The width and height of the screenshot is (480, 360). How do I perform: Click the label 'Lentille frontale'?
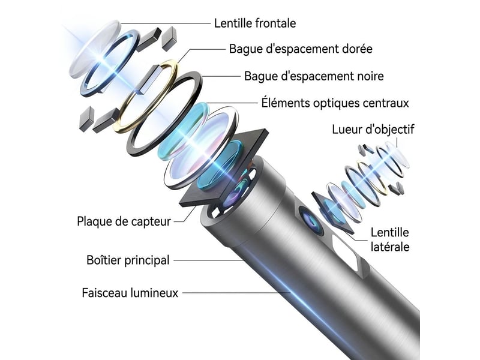tap(255, 23)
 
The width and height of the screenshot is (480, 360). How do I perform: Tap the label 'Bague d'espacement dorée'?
tap(301, 49)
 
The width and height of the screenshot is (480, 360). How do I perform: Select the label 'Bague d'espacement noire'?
tap(314, 76)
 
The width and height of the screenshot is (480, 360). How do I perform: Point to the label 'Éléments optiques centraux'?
tap(335, 103)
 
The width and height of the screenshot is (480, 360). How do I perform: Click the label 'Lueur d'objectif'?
tap(373, 130)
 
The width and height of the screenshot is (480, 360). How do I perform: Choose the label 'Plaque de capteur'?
tap(124, 221)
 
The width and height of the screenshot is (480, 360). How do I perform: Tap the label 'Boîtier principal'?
tap(128, 260)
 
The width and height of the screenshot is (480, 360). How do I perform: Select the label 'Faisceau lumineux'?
tap(130, 293)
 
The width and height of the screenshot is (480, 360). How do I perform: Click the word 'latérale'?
tap(389, 247)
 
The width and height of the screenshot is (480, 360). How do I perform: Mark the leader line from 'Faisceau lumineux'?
tap(236, 293)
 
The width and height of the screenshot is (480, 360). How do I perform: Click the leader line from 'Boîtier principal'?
tap(208, 260)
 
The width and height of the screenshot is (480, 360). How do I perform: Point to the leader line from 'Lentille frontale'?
tap(166, 23)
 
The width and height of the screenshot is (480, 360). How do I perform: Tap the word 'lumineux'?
tap(154, 293)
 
